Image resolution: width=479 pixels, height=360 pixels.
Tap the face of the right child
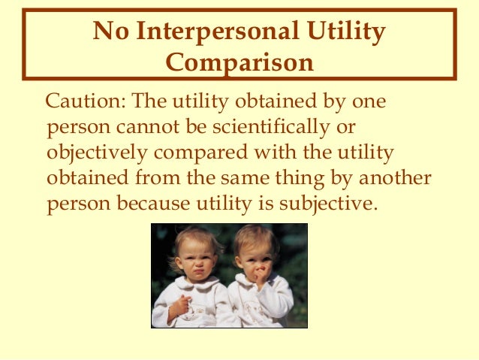coord(258,259)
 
